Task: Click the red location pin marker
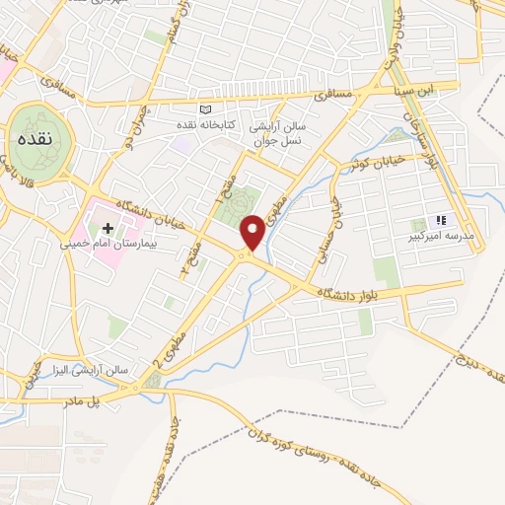point(252,232)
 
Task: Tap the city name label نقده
point(34,139)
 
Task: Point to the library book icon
point(204,109)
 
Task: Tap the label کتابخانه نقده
point(205,125)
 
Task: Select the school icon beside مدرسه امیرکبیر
point(441,221)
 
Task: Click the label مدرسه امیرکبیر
point(447,237)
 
